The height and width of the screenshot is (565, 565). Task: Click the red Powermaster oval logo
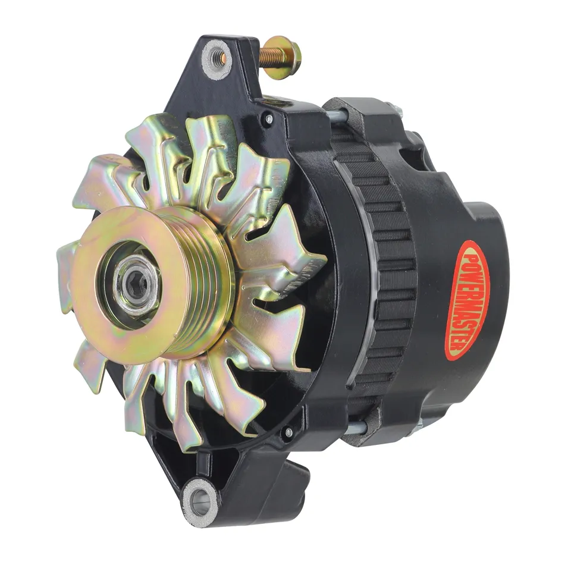[x=467, y=301]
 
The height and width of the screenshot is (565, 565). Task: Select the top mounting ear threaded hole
[x=217, y=57]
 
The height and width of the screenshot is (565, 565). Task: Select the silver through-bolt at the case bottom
[x=357, y=426]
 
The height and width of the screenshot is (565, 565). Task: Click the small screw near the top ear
[x=269, y=118]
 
